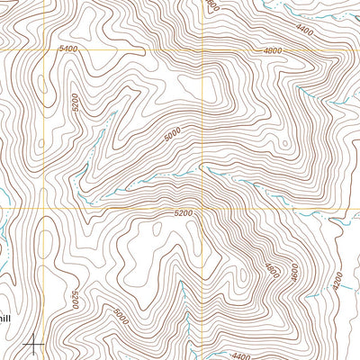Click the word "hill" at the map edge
(x=4, y=317)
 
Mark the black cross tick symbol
(x=34, y=342)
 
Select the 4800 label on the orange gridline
(x=273, y=51)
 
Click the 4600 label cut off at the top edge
(x=212, y=5)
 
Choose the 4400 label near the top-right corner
(x=303, y=31)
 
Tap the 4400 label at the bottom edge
(x=240, y=356)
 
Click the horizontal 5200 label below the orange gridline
(x=183, y=213)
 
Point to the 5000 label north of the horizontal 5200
(x=173, y=135)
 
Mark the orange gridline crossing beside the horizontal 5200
(x=203, y=209)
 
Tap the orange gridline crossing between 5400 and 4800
(x=203, y=50)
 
